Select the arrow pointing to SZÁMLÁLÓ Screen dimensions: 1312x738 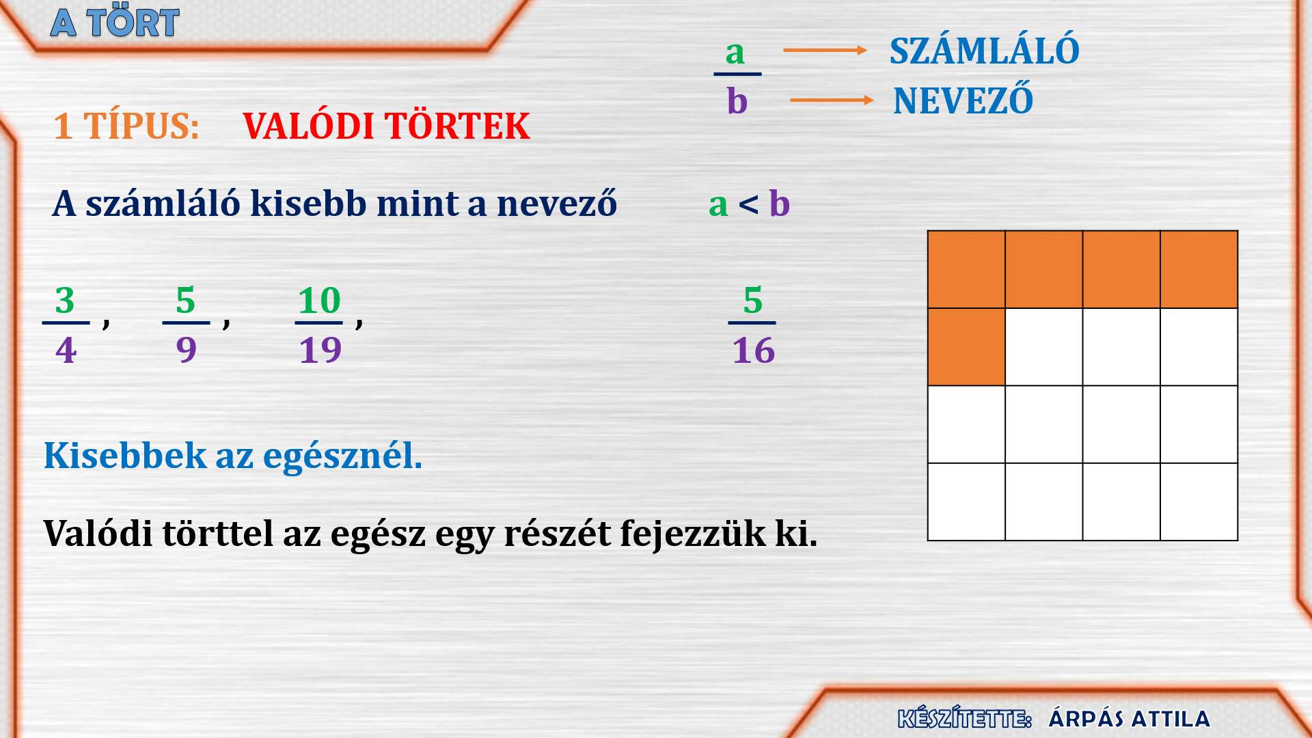click(x=825, y=50)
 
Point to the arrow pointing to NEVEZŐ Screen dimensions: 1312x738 click(x=832, y=100)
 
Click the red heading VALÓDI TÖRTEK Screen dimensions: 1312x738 click(x=386, y=126)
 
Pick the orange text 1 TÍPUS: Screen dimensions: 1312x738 click(x=126, y=126)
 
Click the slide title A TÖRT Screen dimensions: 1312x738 click(x=115, y=22)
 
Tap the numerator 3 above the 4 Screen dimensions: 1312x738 click(x=65, y=300)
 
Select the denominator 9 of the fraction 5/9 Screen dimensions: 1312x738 click(x=186, y=350)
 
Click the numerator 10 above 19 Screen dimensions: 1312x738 click(x=319, y=300)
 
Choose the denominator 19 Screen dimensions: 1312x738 click(x=320, y=350)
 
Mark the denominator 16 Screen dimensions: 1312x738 click(x=754, y=351)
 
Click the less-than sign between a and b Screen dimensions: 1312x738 click(x=748, y=204)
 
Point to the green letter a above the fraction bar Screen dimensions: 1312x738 click(x=735, y=53)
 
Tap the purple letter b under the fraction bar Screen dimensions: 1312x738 click(x=737, y=100)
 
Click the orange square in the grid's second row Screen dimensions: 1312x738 click(x=966, y=347)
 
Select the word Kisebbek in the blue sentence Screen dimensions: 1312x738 click(x=125, y=455)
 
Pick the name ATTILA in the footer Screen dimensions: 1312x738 click(x=1171, y=719)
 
